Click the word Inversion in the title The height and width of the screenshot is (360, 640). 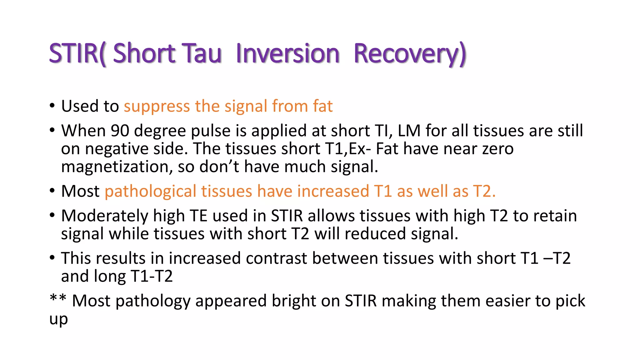287,53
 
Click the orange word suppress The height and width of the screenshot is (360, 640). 157,107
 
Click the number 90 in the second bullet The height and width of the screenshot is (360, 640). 120,131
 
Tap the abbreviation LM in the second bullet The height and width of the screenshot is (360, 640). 409,131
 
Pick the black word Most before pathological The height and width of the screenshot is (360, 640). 80,191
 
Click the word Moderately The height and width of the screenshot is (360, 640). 105,216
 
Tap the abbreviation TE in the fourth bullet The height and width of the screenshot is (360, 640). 199,216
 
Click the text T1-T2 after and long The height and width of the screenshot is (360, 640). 152,277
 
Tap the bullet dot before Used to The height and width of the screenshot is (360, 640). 52,106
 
